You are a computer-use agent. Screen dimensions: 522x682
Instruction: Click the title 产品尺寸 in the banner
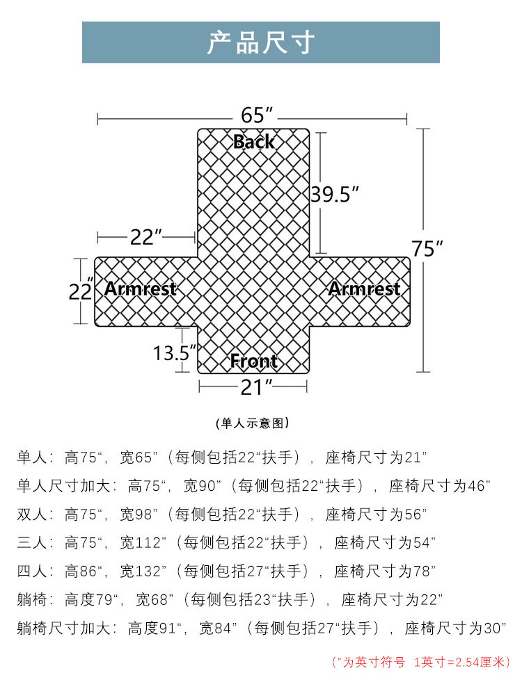261,43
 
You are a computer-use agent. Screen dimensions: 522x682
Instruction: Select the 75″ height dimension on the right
427,248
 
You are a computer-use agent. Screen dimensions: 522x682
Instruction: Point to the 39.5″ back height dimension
334,194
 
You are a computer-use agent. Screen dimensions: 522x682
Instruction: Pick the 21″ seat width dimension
255,388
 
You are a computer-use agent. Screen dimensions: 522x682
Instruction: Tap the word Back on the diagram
254,142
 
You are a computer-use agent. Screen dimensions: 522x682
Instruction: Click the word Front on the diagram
254,361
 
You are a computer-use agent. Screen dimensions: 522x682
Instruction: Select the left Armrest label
141,289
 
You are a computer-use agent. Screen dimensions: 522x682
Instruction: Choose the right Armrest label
364,289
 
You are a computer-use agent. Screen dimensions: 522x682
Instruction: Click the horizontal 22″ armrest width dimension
146,237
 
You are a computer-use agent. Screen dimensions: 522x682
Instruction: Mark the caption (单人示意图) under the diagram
253,423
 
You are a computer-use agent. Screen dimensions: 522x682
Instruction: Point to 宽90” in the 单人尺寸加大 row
202,486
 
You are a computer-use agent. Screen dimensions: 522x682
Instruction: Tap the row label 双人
32,514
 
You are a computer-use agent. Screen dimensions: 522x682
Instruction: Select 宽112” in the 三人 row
143,542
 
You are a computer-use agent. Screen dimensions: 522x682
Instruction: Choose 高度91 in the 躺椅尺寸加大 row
156,628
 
